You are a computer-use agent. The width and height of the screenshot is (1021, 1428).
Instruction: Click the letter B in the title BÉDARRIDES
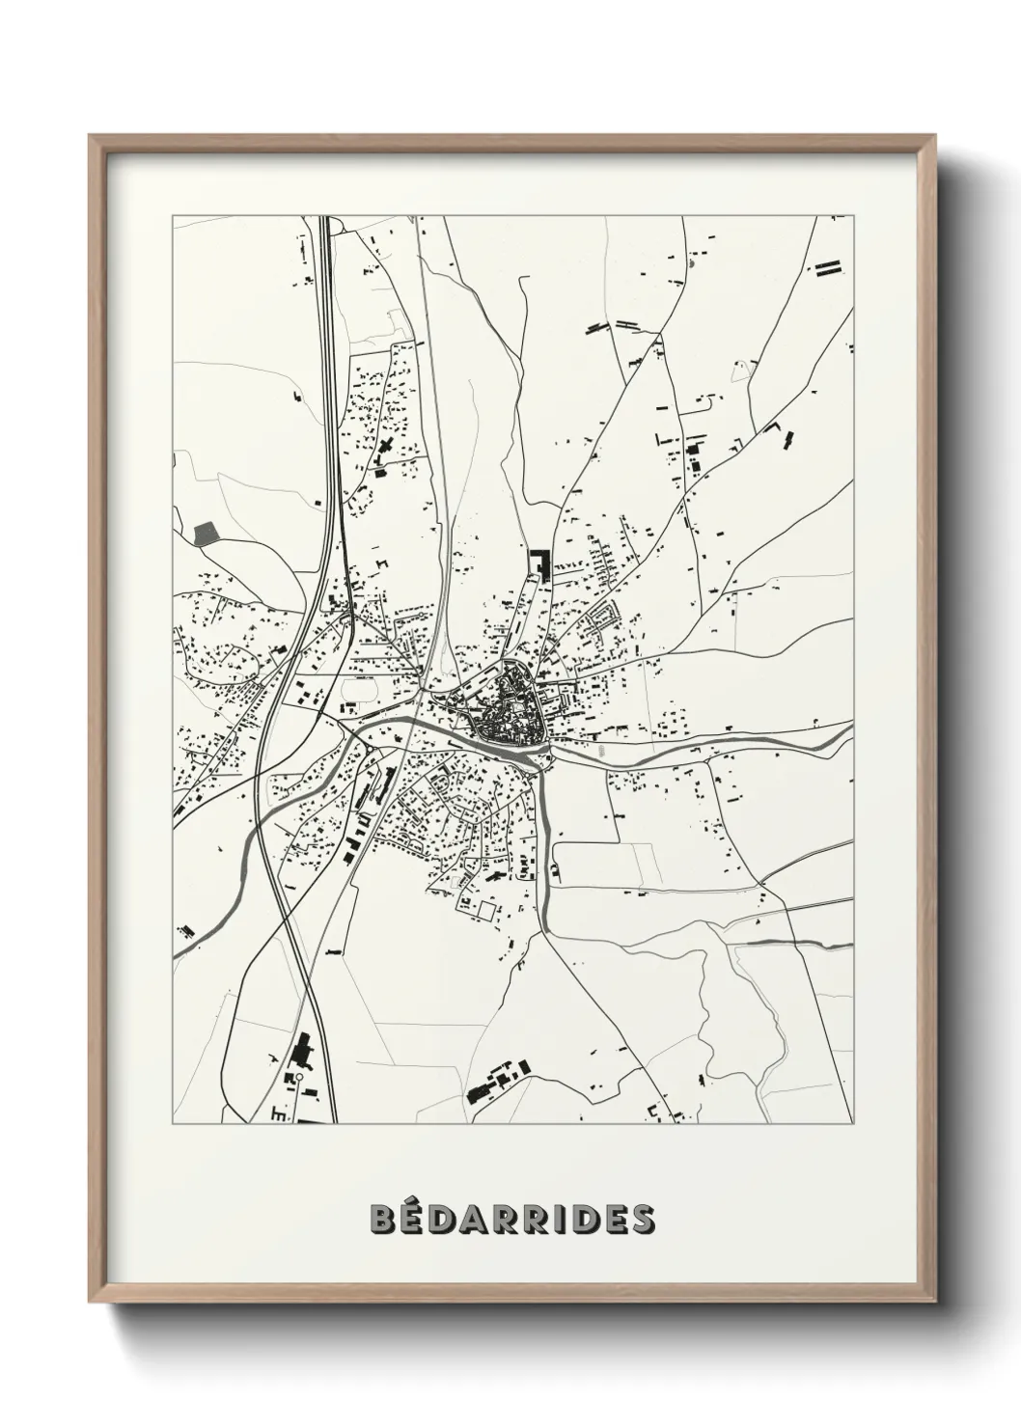pos(383,1219)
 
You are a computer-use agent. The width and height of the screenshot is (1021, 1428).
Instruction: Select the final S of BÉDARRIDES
pos(639,1219)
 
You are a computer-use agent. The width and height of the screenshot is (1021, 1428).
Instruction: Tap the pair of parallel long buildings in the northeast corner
pos(829,268)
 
